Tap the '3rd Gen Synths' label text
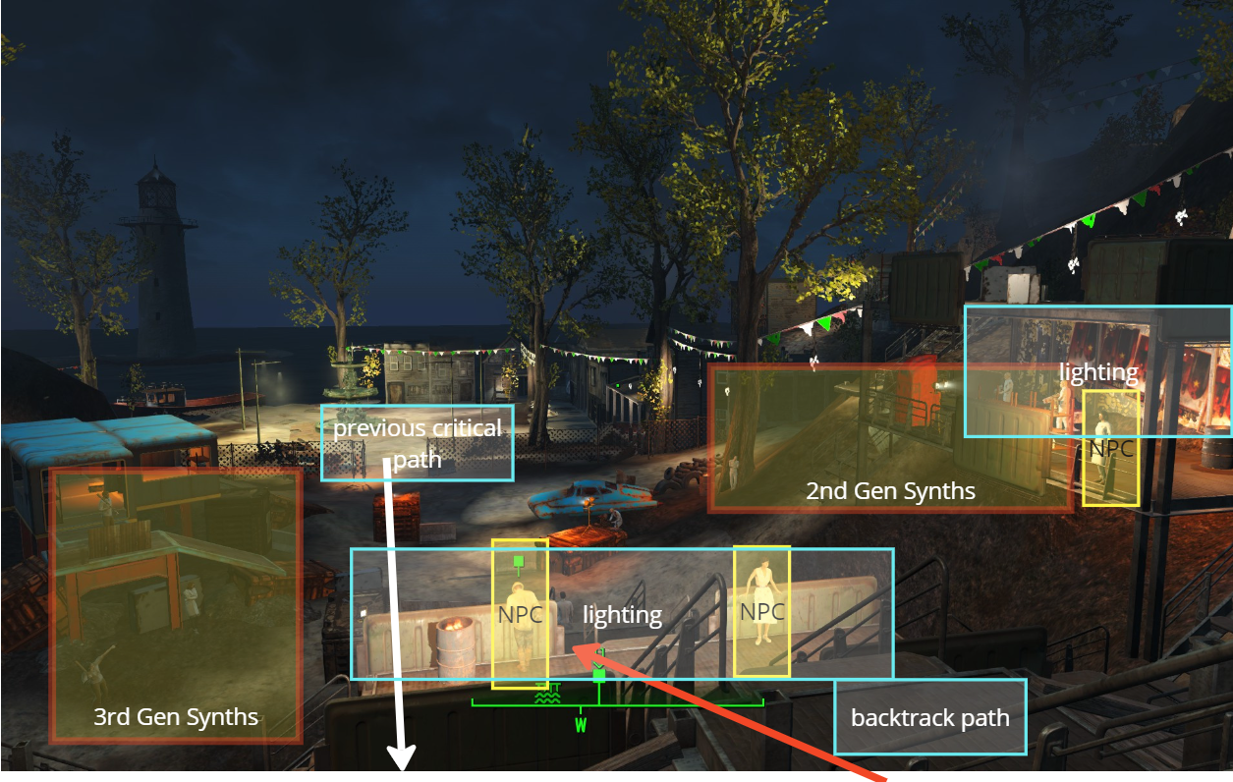[176, 716]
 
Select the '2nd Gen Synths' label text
[890, 491]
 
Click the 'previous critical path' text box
[417, 443]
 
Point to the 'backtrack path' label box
[929, 717]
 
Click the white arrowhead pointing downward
[402, 757]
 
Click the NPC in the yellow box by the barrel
[518, 619]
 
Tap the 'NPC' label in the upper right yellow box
[1111, 448]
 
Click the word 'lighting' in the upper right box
[1097, 372]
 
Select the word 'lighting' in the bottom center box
[622, 615]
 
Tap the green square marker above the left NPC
[518, 562]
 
